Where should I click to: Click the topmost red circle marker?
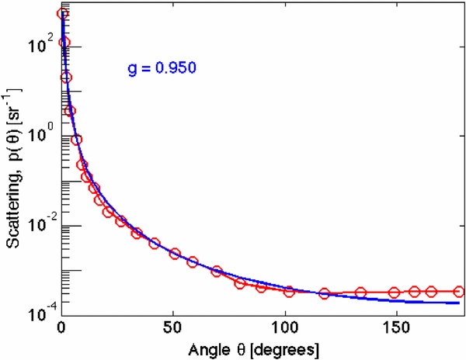(62, 14)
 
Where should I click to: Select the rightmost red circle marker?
(459, 292)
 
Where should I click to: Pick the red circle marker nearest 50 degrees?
(176, 254)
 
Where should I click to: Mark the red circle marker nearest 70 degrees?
(217, 272)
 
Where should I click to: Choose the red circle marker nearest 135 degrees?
(360, 292)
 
